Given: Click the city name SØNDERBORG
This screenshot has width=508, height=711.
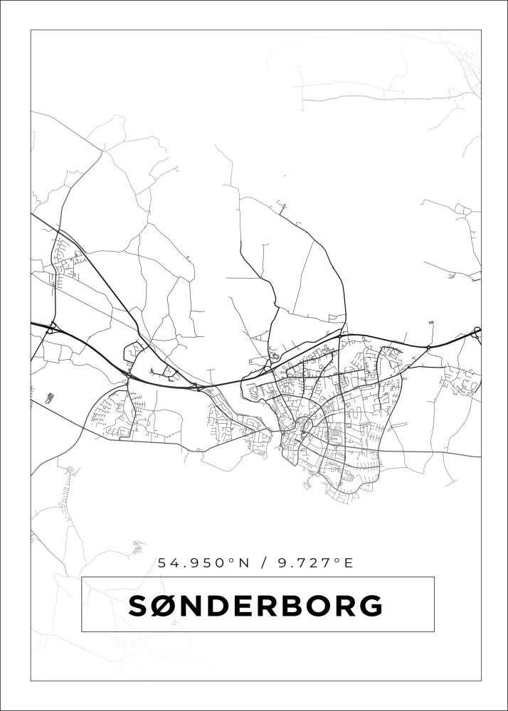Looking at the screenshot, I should click(255, 606).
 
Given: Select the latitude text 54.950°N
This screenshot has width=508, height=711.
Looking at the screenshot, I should click(203, 563).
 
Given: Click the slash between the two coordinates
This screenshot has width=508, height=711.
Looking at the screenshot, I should click(265, 563).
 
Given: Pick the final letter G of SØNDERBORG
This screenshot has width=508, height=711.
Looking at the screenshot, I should click(371, 606).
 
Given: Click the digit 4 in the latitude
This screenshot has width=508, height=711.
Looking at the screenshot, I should click(174, 563).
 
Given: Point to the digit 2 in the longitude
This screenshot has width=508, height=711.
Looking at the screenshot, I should click(313, 563).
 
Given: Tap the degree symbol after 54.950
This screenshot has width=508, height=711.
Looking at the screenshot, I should click(231, 560).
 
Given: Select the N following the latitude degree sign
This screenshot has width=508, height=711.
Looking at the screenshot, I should click(243, 563).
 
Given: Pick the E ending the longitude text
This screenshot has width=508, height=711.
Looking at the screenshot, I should click(349, 563).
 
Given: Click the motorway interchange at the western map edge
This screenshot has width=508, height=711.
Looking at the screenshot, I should click(53, 328).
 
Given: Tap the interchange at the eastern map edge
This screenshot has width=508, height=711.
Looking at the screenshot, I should click(476, 331).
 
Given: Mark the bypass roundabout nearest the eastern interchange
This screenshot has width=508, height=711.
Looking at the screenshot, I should click(428, 347).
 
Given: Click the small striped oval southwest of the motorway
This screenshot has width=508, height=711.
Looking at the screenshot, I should click(49, 397).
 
